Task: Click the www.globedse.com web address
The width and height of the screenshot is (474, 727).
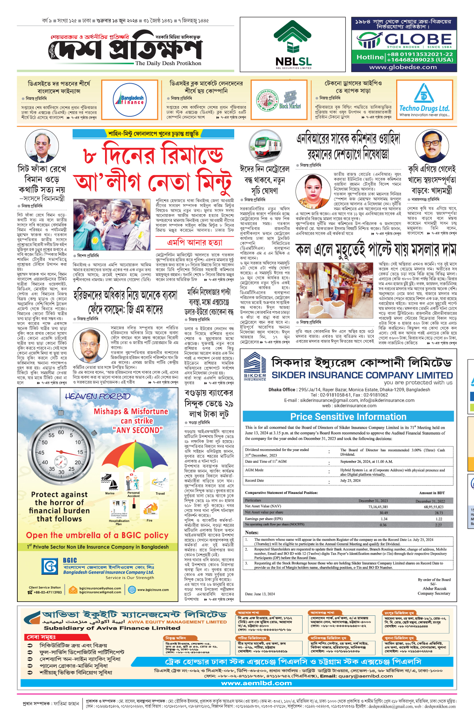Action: [403, 67]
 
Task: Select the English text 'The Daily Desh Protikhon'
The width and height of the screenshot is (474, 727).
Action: [168, 63]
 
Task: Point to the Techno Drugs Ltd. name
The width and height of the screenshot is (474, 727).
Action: [424, 108]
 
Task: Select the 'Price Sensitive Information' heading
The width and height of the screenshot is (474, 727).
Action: [348, 417]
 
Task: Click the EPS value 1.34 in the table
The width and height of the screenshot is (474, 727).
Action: [384, 519]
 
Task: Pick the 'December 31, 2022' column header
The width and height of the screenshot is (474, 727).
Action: [430, 501]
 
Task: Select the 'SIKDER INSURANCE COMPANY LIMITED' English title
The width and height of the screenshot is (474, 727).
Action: [362, 375]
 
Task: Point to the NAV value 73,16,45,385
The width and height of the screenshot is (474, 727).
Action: [378, 507]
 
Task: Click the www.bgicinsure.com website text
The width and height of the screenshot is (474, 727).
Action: [153, 590]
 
